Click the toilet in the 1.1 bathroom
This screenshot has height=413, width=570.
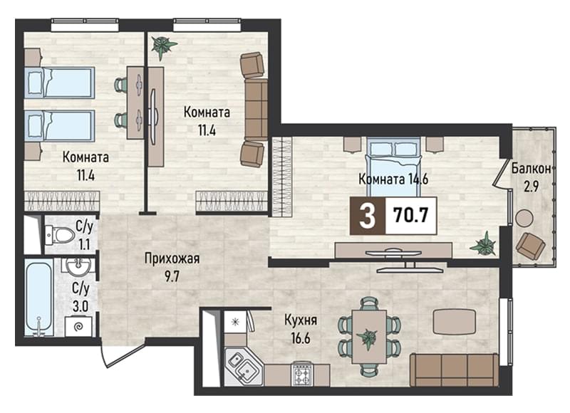(x=58, y=234)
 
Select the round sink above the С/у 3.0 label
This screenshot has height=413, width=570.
(x=78, y=266)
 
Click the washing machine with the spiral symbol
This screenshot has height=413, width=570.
(x=78, y=327)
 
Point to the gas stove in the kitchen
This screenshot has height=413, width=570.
(x=302, y=374)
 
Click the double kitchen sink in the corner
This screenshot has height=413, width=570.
(x=242, y=367)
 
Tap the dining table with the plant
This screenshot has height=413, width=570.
(x=369, y=336)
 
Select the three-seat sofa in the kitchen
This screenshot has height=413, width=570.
(x=455, y=370)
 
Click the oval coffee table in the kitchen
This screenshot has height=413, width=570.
(x=455, y=322)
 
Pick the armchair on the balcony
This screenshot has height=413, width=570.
(x=530, y=246)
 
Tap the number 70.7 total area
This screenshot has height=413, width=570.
(x=411, y=215)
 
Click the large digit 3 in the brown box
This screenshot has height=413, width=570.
(x=367, y=216)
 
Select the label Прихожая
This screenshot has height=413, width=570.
(x=172, y=259)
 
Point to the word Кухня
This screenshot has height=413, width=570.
(x=301, y=320)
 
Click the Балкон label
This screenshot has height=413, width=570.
(x=531, y=169)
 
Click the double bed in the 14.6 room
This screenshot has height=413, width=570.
(x=393, y=164)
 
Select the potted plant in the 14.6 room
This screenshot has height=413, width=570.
(x=484, y=244)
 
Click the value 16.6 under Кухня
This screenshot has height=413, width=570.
(x=301, y=338)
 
